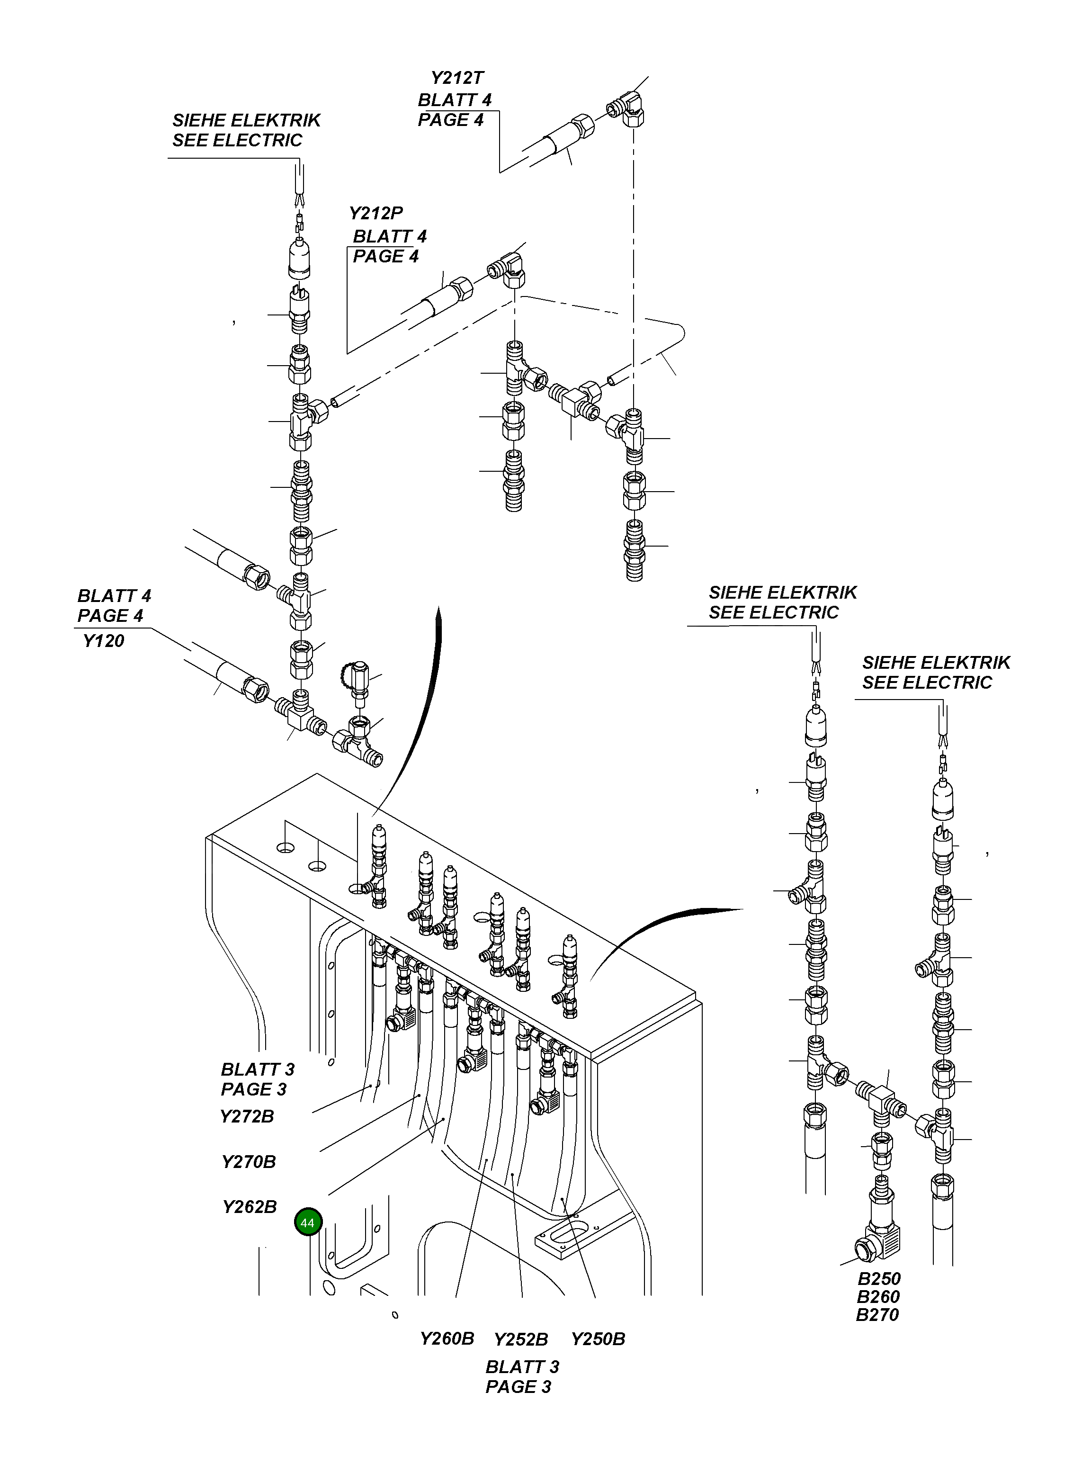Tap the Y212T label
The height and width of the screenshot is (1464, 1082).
[x=457, y=78]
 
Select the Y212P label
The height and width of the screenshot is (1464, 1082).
[x=376, y=214]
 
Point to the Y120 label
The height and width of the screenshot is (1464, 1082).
[x=104, y=641]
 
